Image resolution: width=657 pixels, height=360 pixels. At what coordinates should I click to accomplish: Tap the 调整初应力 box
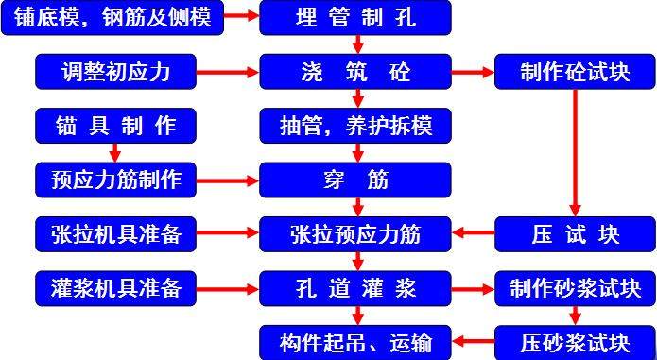pyautogui.click(x=116, y=71)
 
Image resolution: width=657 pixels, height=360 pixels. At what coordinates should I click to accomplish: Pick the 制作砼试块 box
pyautogui.click(x=575, y=71)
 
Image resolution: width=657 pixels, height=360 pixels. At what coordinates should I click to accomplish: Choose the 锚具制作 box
pyautogui.click(x=116, y=124)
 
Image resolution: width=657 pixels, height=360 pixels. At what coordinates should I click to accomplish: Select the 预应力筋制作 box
pyautogui.click(x=116, y=178)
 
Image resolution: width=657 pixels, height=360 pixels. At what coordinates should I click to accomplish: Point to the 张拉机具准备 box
pyautogui.click(x=116, y=232)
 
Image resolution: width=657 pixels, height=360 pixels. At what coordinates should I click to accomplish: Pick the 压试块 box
pyautogui.click(x=575, y=232)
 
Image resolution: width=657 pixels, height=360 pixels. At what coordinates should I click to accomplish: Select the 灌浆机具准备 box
pyautogui.click(x=116, y=286)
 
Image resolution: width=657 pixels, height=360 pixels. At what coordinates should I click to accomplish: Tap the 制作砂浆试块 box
pyautogui.click(x=575, y=286)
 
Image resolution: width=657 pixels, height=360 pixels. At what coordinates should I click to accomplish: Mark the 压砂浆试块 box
pyautogui.click(x=575, y=340)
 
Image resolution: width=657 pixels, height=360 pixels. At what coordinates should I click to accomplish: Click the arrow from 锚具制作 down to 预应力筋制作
pyautogui.click(x=116, y=151)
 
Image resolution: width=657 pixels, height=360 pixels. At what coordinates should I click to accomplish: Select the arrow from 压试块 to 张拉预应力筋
pyautogui.click(x=474, y=232)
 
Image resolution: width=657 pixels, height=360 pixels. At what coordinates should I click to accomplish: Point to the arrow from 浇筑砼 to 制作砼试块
pyautogui.click(x=474, y=71)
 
